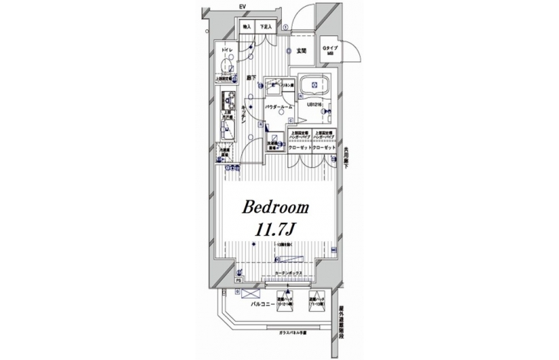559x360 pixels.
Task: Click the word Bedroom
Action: tap(276, 207)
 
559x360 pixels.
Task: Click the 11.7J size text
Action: tap(276, 229)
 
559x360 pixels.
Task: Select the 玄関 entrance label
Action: tap(301, 51)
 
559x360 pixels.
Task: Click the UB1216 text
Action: tap(316, 105)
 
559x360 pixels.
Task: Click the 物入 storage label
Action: tap(247, 27)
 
